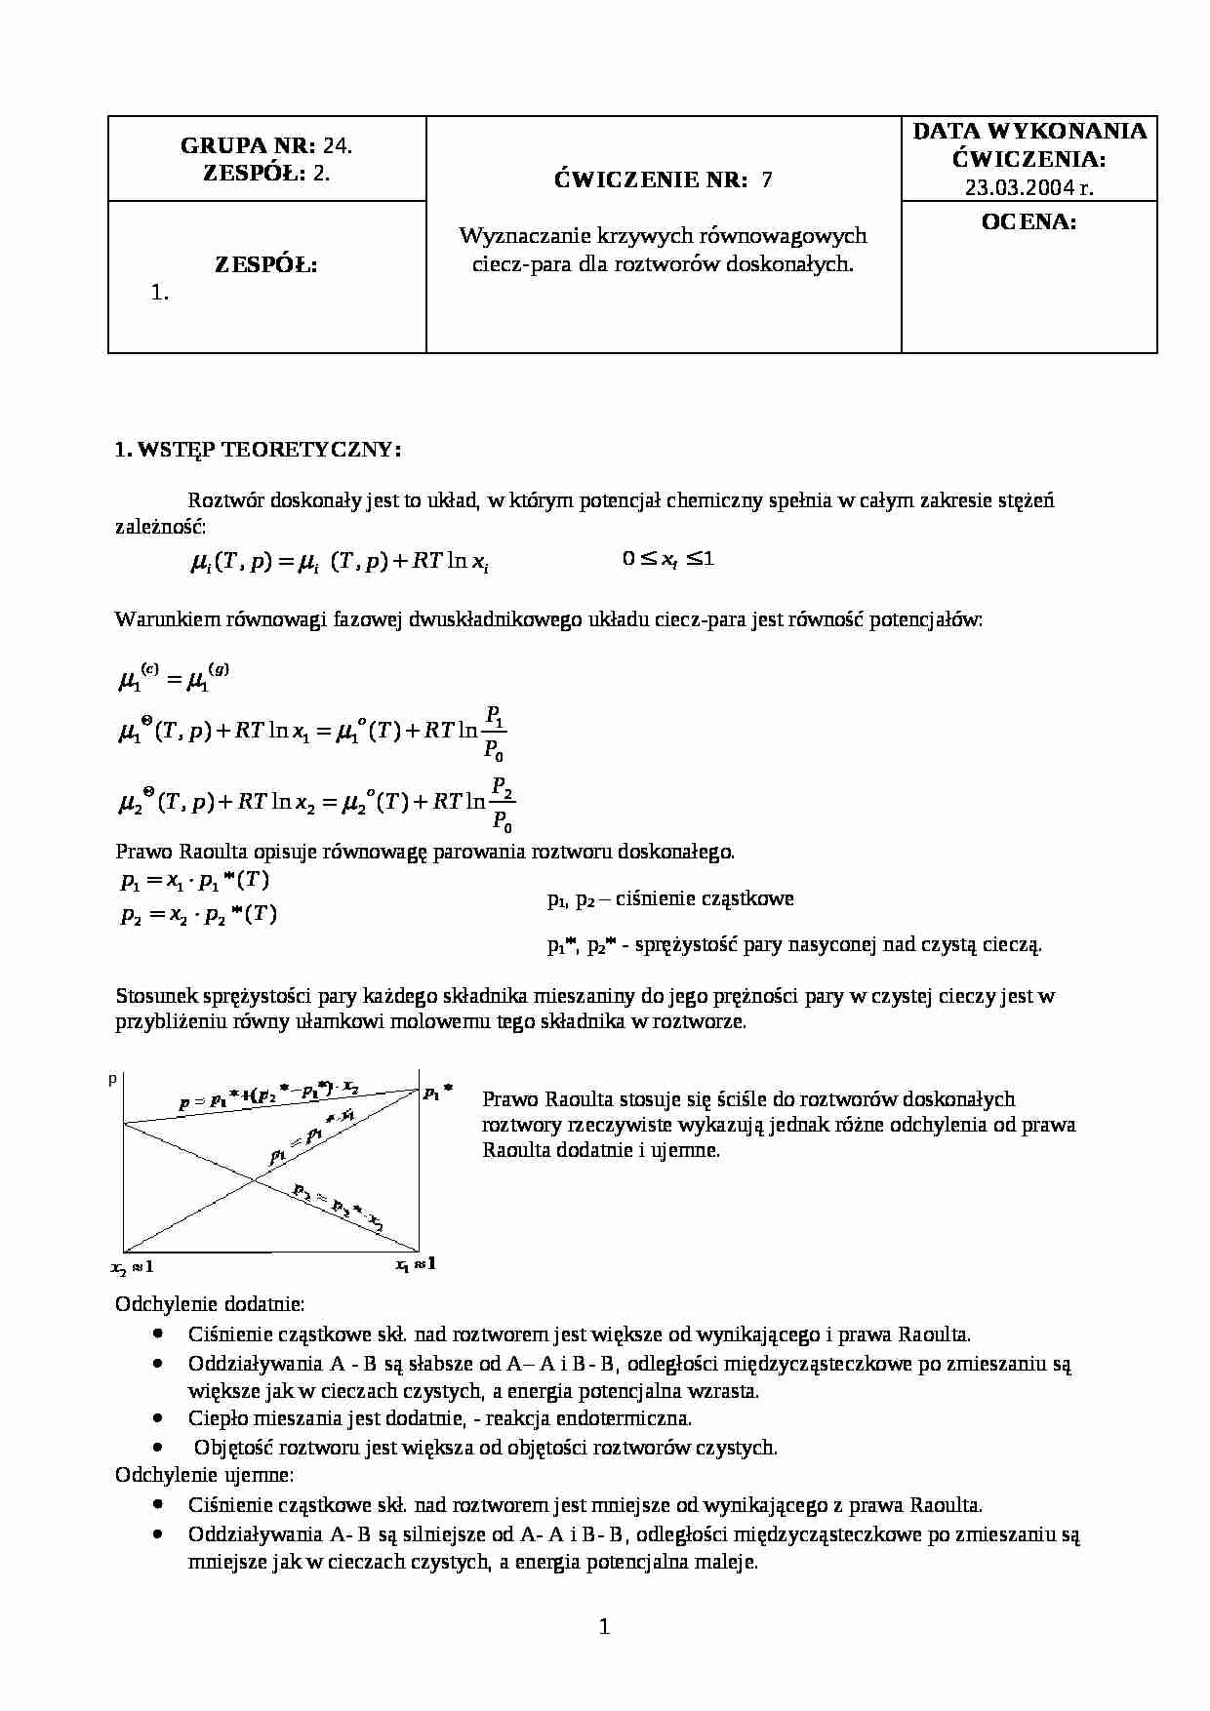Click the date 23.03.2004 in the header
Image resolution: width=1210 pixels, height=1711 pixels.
pos(1016,188)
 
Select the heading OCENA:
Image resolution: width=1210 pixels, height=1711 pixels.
pos(1028,221)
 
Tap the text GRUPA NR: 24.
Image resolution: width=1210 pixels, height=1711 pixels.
pos(266,145)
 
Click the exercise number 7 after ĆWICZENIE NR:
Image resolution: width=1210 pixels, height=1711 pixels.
pos(766,179)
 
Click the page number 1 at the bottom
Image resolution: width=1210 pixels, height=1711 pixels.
pos(604,1626)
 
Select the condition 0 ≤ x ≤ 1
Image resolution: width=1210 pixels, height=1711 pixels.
pos(668,559)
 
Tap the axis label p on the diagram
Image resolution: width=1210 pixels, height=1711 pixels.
pos(113,1079)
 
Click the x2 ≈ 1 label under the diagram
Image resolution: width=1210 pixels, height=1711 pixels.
pos(132,1267)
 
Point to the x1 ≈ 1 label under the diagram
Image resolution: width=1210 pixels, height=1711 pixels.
pos(415,1264)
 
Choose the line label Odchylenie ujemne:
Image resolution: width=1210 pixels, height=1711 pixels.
pos(205,1475)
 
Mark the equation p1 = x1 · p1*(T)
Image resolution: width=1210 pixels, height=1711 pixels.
pos(195,881)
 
